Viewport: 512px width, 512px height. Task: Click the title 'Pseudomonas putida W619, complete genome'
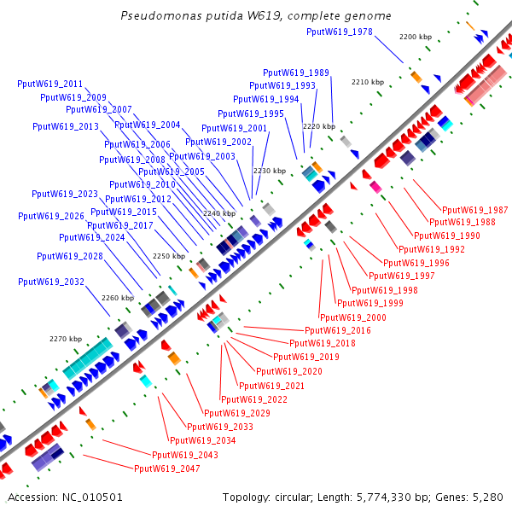click(x=256, y=16)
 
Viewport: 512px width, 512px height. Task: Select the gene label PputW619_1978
click(x=339, y=32)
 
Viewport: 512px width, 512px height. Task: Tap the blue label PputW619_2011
click(x=50, y=84)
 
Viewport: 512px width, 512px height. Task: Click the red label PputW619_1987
click(x=474, y=210)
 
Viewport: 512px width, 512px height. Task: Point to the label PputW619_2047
click(x=167, y=468)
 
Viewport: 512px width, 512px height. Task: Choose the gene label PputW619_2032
click(x=51, y=282)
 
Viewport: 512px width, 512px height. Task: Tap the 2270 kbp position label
click(x=64, y=340)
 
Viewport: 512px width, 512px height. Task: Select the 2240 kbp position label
click(x=218, y=213)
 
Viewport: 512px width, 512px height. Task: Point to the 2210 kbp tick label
click(x=368, y=82)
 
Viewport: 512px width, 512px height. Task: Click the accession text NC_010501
click(x=65, y=497)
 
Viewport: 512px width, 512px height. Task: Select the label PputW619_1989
click(x=296, y=73)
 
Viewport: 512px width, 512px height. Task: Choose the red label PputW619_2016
click(x=338, y=330)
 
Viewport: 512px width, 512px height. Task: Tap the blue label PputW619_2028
click(x=70, y=256)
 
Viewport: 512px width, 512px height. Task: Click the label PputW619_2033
click(x=220, y=427)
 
